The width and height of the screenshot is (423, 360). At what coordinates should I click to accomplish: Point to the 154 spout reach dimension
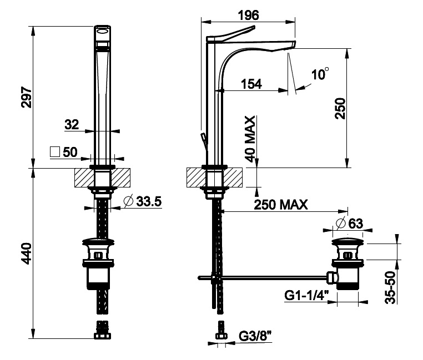[x=251, y=84]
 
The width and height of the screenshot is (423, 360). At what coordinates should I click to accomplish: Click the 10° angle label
[x=320, y=74]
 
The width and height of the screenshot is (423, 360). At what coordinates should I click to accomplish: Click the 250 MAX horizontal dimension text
[x=281, y=204]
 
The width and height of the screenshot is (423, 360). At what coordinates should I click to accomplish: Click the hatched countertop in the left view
[x=83, y=178]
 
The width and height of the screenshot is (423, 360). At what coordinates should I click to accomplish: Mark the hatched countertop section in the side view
[x=194, y=178]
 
